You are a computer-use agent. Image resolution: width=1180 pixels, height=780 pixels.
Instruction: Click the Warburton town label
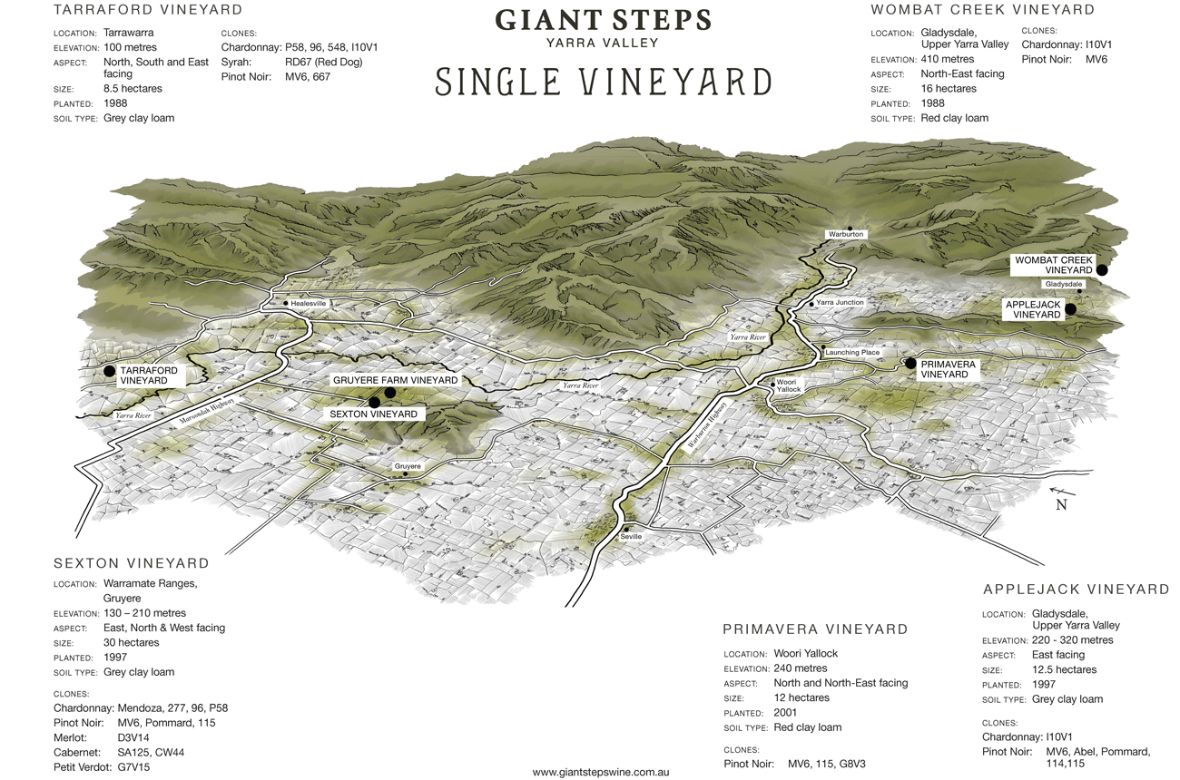click(x=846, y=234)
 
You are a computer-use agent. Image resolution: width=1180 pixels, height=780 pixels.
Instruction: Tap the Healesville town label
click(x=309, y=303)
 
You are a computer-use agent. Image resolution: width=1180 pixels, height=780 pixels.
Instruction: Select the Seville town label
click(x=631, y=536)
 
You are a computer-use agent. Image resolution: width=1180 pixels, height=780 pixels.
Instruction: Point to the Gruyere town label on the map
click(x=408, y=466)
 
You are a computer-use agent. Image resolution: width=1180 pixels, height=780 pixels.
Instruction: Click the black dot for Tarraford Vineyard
click(x=110, y=371)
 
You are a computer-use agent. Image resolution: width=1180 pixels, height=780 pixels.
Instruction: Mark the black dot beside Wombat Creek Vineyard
click(x=1102, y=269)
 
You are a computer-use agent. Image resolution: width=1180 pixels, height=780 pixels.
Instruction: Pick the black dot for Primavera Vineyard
click(x=911, y=364)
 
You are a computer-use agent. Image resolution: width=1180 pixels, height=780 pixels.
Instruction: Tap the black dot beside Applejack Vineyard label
click(x=1071, y=309)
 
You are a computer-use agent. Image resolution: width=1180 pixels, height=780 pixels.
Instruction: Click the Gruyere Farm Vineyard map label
click(x=395, y=380)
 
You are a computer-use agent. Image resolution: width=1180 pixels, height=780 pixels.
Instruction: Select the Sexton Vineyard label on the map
click(x=373, y=414)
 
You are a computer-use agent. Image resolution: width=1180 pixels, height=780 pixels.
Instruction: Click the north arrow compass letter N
click(x=1061, y=505)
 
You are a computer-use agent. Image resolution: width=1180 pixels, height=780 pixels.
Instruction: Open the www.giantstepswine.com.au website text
click(x=601, y=772)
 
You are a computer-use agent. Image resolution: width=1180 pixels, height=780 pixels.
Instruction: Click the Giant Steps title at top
click(x=603, y=20)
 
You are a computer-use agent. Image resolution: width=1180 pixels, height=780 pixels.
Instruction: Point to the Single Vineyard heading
click(x=603, y=82)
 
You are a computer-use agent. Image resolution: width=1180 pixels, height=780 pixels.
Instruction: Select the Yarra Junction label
click(x=840, y=302)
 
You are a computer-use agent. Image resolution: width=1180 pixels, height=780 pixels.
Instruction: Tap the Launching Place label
click(x=852, y=352)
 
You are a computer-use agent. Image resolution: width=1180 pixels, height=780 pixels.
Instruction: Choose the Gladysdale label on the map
click(x=1064, y=285)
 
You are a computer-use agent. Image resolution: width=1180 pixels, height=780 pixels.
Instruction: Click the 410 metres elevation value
click(x=948, y=59)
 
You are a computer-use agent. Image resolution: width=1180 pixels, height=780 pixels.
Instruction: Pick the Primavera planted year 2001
click(x=786, y=712)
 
